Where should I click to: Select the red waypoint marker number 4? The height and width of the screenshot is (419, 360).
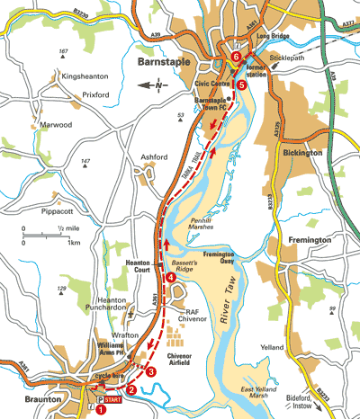pos(170,277)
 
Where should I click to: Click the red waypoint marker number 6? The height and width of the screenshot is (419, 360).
pos(236,57)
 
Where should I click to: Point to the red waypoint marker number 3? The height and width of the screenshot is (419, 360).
pos(150,371)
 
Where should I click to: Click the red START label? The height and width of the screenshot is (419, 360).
pos(112,397)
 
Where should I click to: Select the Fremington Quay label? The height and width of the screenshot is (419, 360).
pos(219,259)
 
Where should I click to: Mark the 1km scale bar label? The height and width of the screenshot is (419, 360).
pos(74,244)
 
